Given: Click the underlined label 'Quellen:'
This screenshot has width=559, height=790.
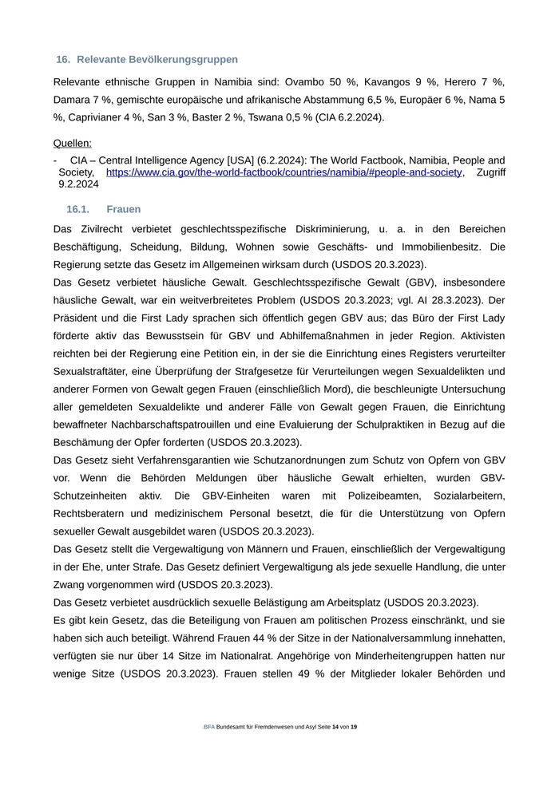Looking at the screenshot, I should coord(73,144).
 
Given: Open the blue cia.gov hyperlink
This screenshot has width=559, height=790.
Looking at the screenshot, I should coord(283,172).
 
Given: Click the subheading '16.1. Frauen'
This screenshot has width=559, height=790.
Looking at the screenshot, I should coord(104,209).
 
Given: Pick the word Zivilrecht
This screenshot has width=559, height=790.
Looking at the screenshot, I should coord(107,229).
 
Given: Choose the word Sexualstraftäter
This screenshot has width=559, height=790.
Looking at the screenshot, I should coord(95,371).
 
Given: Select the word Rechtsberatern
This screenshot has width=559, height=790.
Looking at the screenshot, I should coord(90,514).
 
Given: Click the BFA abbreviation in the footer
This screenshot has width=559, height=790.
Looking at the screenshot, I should coord(209,727).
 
